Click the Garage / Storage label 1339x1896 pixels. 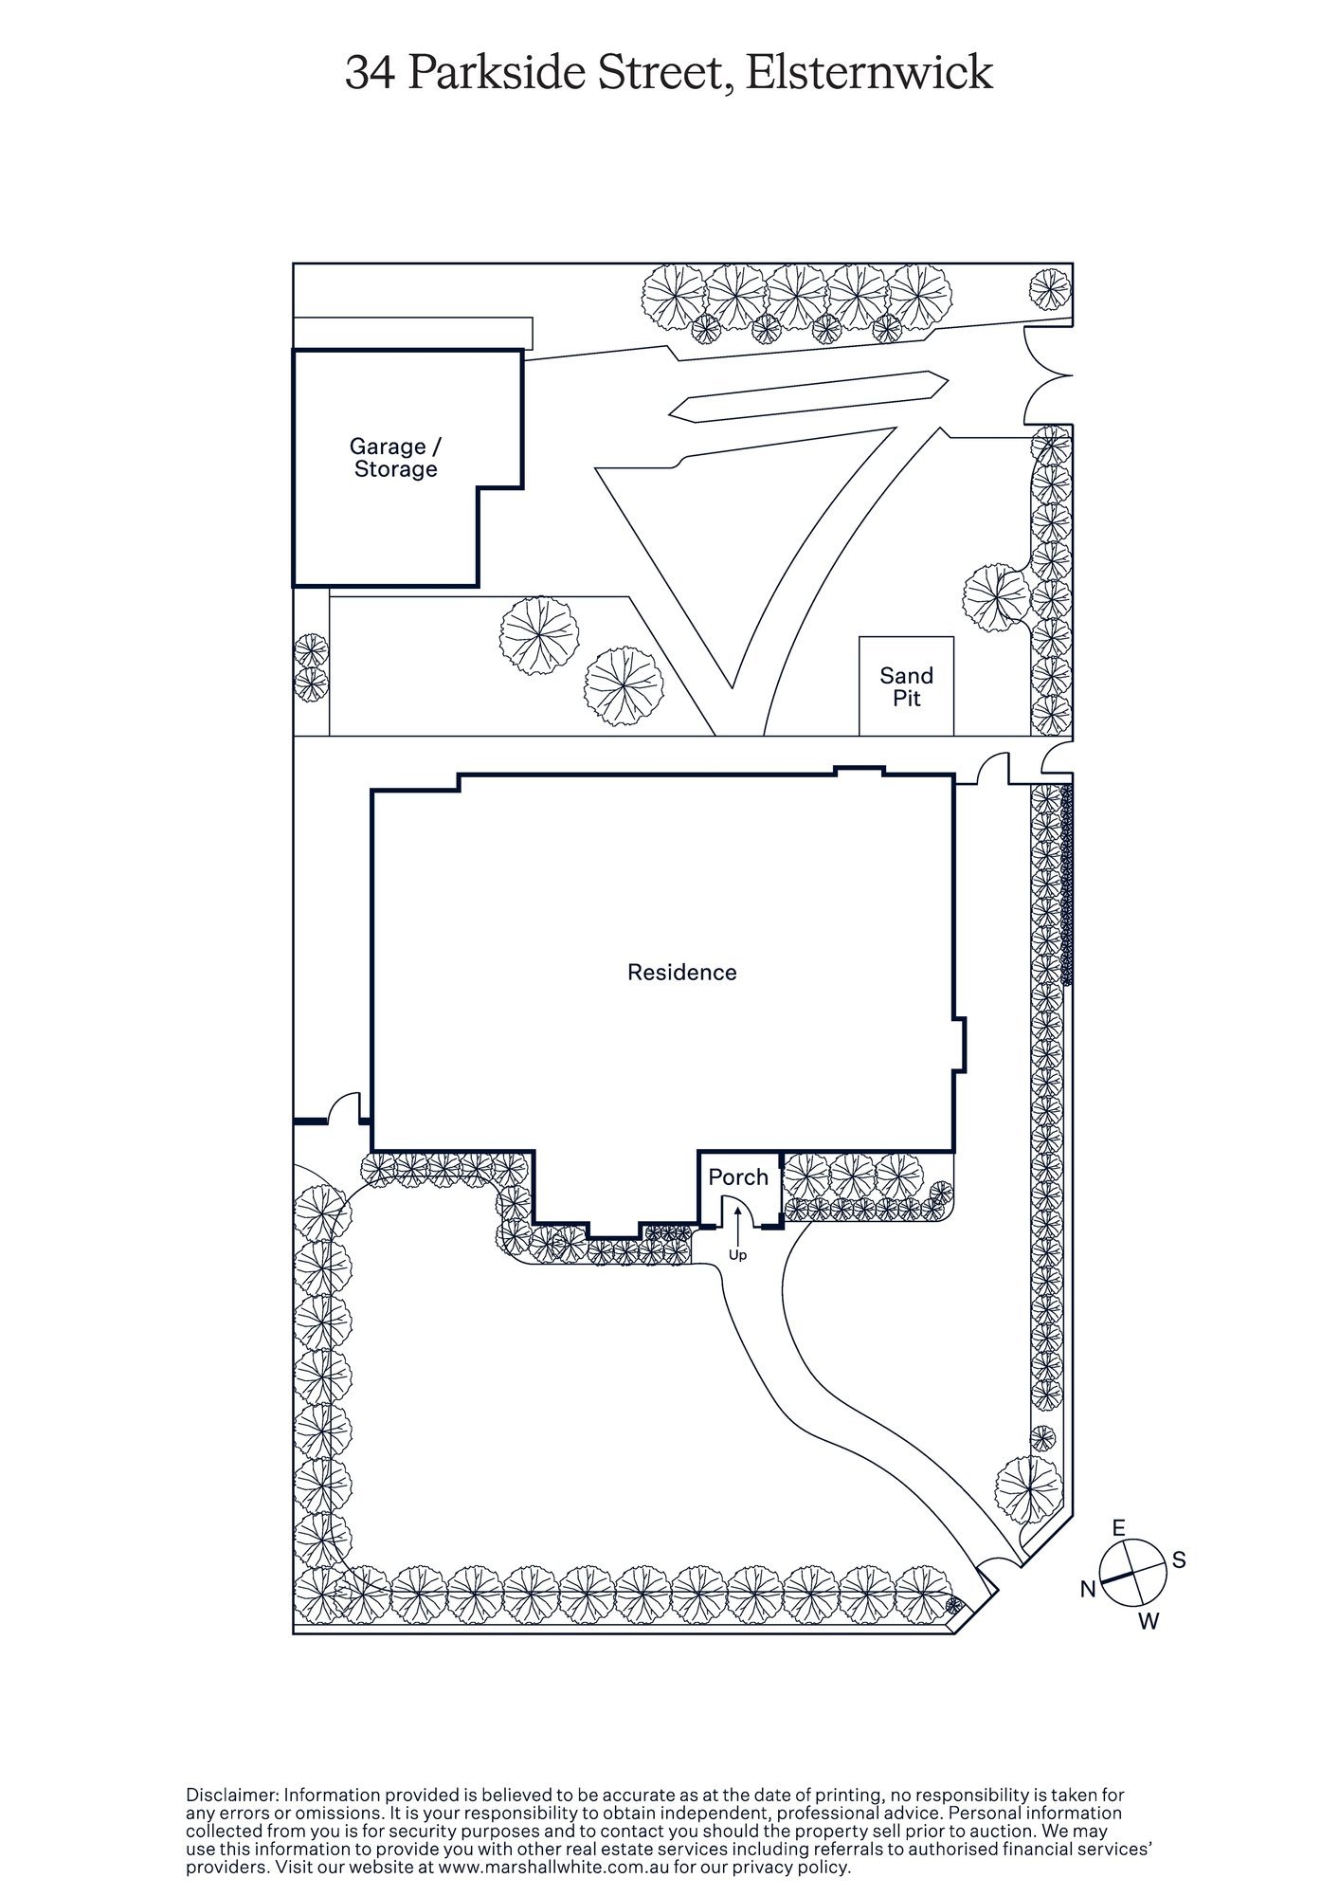pyautogui.click(x=395, y=458)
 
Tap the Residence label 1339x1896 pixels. pyautogui.click(x=681, y=972)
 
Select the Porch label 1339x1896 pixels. pyautogui.click(x=738, y=1177)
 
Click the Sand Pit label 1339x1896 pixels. pyautogui.click(x=906, y=687)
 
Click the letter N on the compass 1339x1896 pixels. pyautogui.click(x=1088, y=1589)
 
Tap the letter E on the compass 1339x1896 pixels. pyautogui.click(x=1118, y=1527)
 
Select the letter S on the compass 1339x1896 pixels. pyautogui.click(x=1179, y=1559)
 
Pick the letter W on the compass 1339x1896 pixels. pyautogui.click(x=1149, y=1622)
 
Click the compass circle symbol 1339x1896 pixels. pyautogui.click(x=1133, y=1574)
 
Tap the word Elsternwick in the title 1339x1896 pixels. pyautogui.click(x=869, y=73)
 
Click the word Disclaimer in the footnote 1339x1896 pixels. pyautogui.click(x=231, y=1795)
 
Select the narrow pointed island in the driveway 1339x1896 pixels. pyautogui.click(x=808, y=395)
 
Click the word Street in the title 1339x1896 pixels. pyautogui.click(x=667, y=73)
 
